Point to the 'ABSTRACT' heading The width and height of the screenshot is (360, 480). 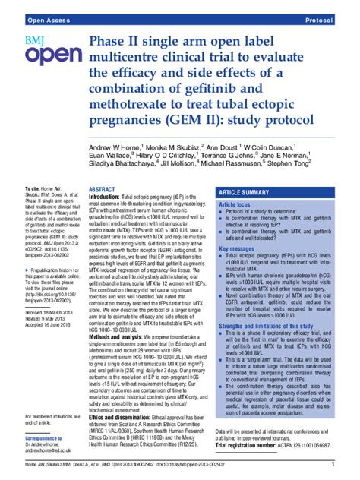102,190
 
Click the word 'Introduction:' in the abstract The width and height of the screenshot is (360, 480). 110,197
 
